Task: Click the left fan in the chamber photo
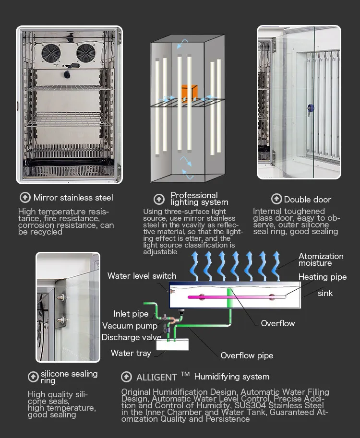tap(50, 53)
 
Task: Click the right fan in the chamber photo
tap(87, 53)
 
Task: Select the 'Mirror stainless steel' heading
tap(73, 198)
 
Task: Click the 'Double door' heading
tap(308, 200)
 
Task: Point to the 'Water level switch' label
tap(142, 276)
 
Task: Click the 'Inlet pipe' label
tap(131, 314)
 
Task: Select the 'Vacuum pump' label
tap(130, 326)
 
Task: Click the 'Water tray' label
tap(131, 353)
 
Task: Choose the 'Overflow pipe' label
tap(247, 355)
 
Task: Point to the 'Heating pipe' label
tap(322, 277)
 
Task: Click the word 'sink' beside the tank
tap(325, 293)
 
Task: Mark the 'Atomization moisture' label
tap(321, 260)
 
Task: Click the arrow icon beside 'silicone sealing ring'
tap(33, 377)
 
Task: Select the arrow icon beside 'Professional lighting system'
tap(159, 199)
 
